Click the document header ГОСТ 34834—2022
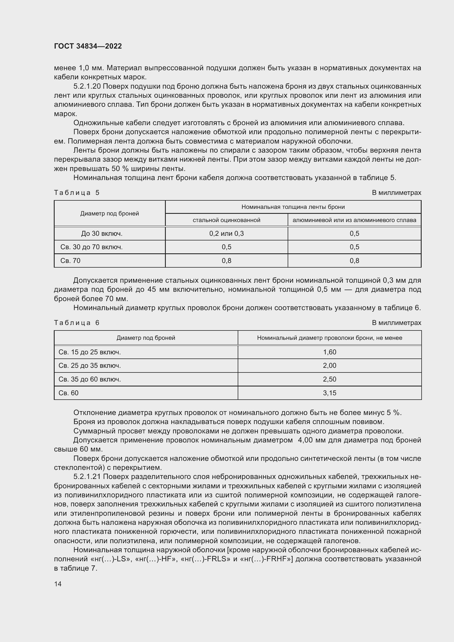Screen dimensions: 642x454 [x=88, y=46]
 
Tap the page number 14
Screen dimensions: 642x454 [x=58, y=584]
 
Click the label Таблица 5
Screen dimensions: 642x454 [x=77, y=193]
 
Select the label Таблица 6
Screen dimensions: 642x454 [x=77, y=323]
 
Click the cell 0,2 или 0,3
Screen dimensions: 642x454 [x=226, y=234]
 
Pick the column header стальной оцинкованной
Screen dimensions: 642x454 [x=226, y=220]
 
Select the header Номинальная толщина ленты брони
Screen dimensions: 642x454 [x=293, y=207]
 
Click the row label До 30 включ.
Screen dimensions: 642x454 [x=102, y=234]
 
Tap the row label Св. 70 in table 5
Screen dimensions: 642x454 [x=71, y=260]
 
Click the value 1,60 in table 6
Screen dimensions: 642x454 [x=330, y=352]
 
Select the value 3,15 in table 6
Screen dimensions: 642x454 [x=330, y=393]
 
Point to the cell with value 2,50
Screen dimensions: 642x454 [x=330, y=379]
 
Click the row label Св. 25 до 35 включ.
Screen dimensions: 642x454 [x=90, y=365]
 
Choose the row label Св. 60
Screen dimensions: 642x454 [x=69, y=393]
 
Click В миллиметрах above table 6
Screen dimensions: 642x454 [x=396, y=323]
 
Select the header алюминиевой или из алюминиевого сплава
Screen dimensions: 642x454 [x=354, y=220]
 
